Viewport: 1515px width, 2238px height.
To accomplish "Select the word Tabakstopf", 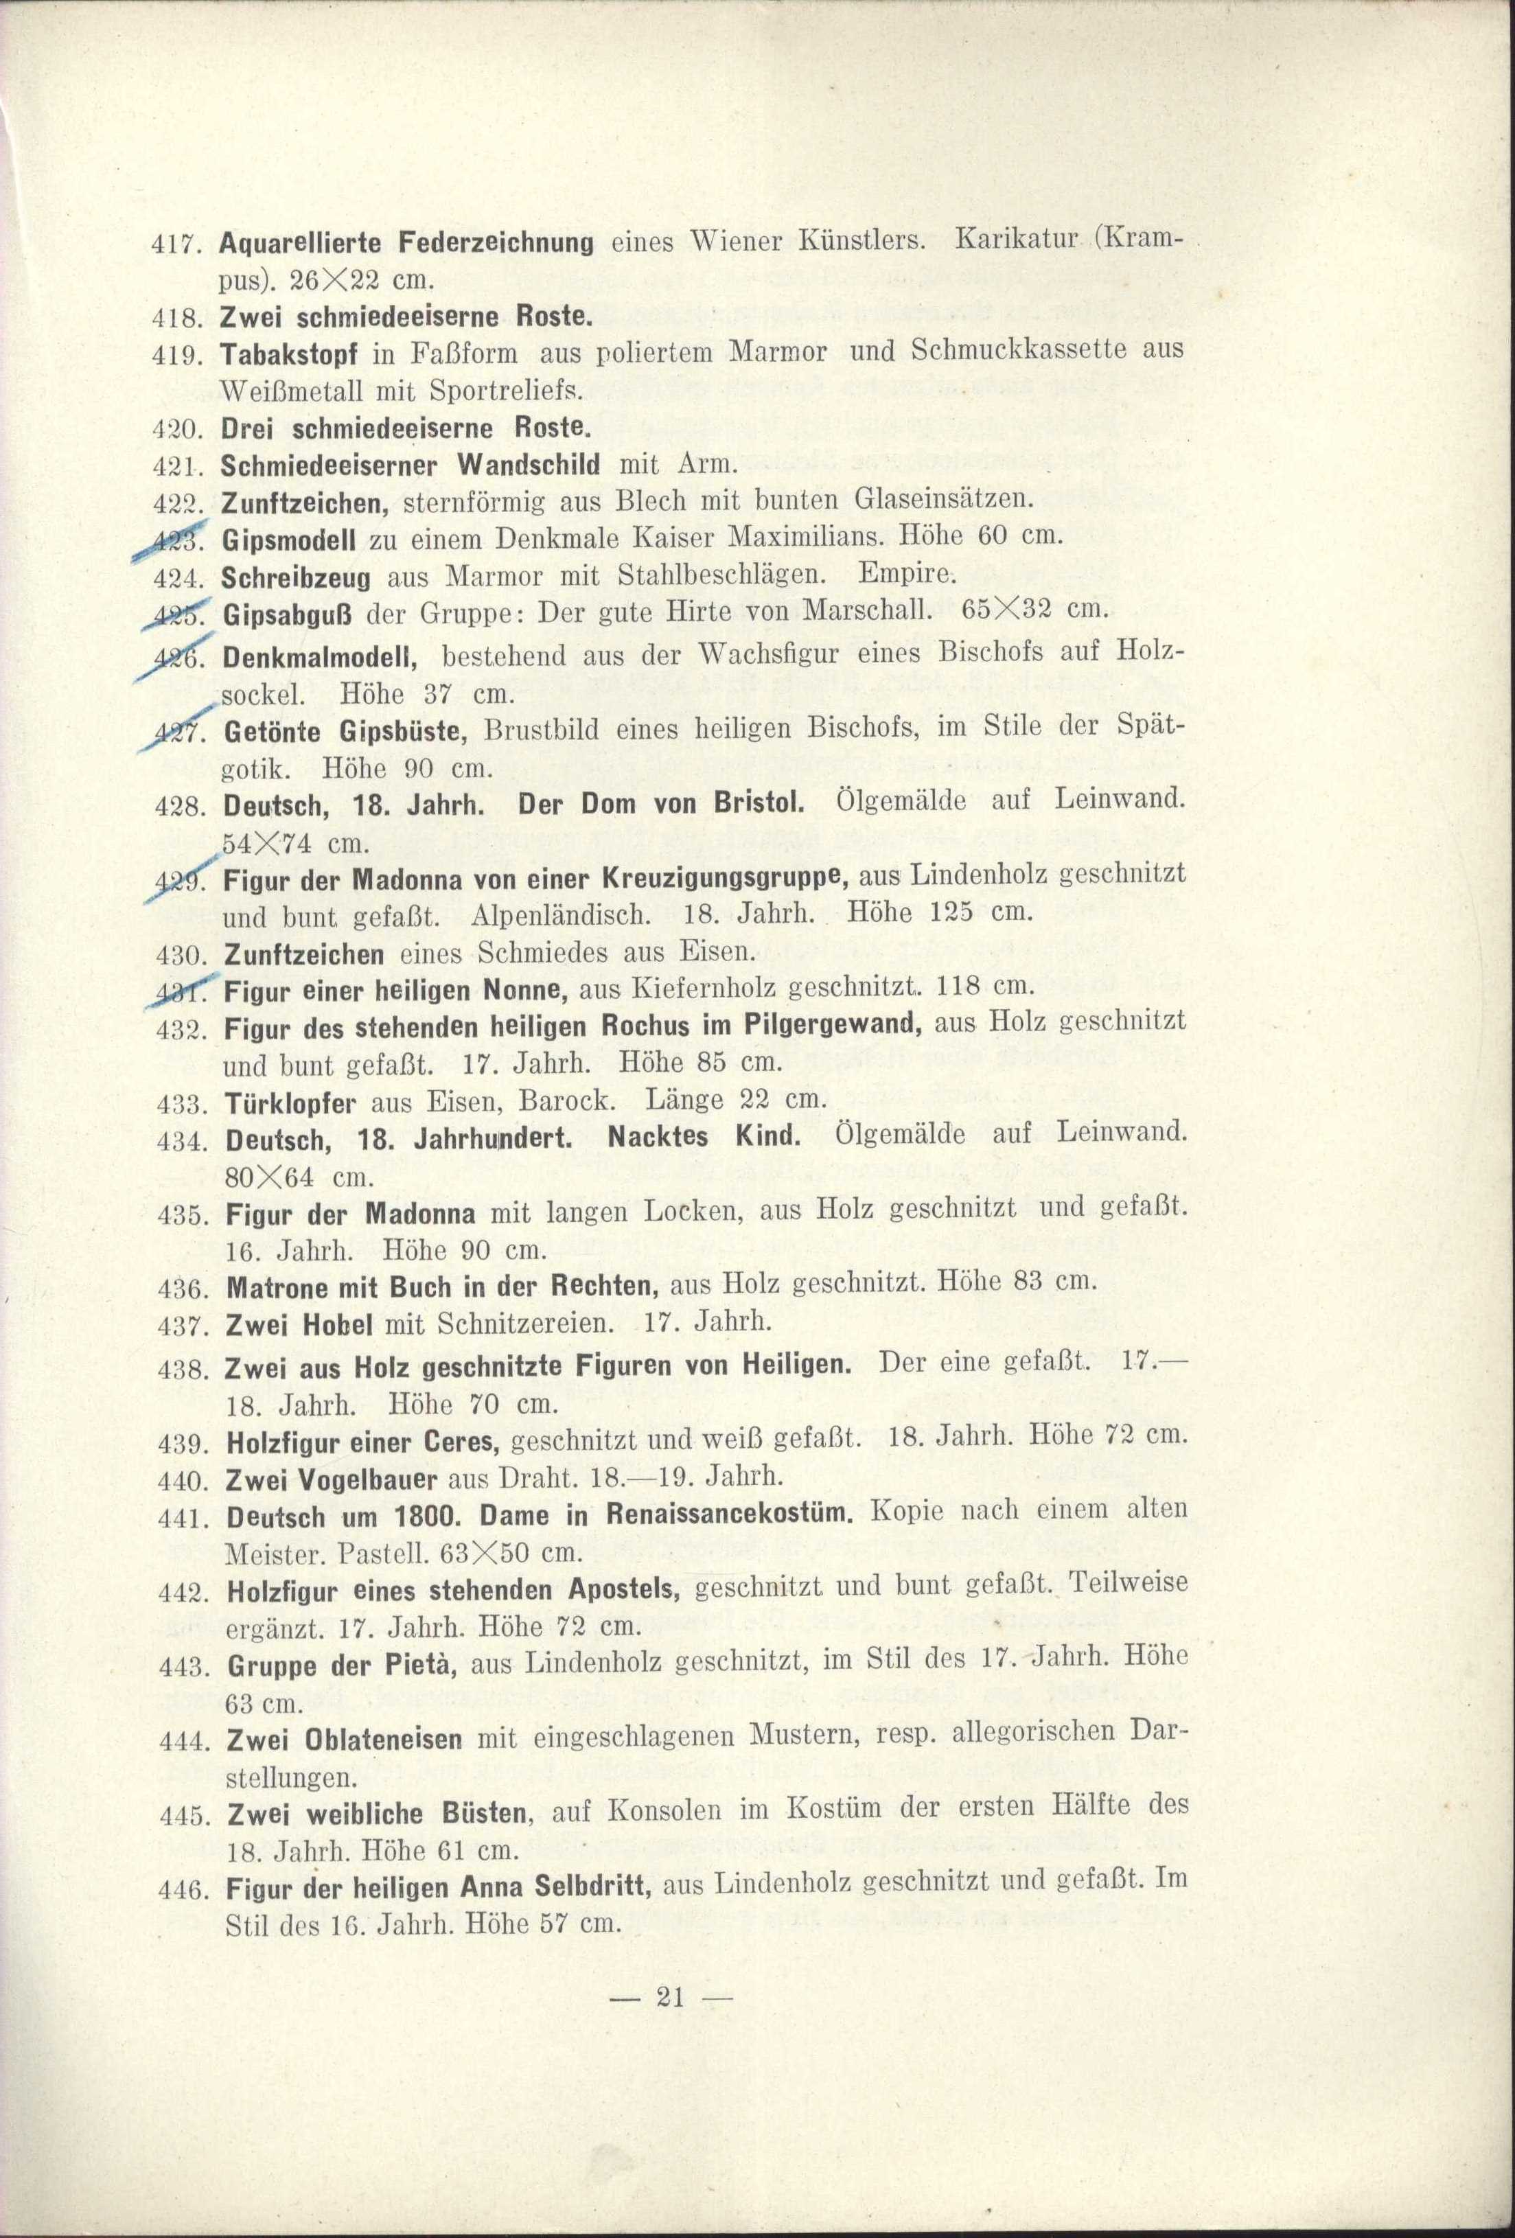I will pos(289,354).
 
